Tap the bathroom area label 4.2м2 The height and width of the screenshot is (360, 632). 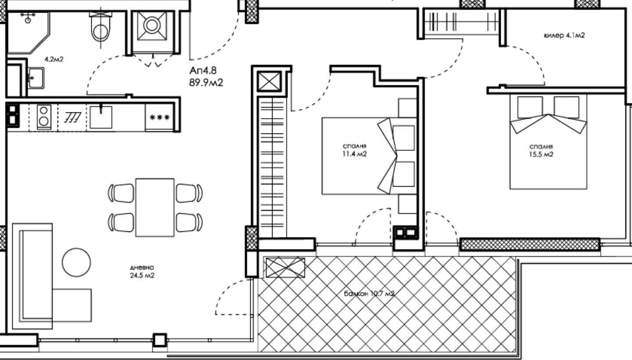tap(54, 59)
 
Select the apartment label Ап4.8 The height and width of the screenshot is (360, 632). tap(203, 70)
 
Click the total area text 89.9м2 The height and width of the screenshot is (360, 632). tap(206, 83)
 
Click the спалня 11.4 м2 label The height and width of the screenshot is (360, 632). tap(354, 150)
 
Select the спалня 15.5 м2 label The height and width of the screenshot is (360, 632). tap(541, 151)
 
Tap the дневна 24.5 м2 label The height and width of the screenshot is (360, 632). tap(142, 271)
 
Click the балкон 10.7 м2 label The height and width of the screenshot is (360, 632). tap(369, 294)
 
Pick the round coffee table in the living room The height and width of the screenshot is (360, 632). tap(76, 263)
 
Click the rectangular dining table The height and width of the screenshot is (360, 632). tap(155, 207)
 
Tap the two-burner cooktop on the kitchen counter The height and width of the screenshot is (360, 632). tap(44, 117)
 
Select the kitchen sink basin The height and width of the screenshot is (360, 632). tap(101, 117)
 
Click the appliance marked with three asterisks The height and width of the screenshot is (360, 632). tap(159, 117)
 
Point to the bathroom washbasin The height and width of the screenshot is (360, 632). tap(36, 78)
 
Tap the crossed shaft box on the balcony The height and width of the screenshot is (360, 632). tap(285, 267)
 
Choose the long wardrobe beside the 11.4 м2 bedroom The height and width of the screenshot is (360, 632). tap(272, 167)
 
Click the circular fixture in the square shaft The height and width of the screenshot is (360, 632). tap(152, 25)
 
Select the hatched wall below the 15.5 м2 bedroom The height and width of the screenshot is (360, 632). tap(530, 245)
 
